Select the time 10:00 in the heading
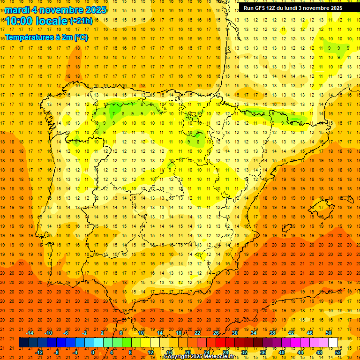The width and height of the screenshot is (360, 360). pyautogui.click(x=20, y=21)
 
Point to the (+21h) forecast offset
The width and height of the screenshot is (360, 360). pyautogui.click(x=81, y=21)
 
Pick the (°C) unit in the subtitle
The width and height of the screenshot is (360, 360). pyautogui.click(x=81, y=37)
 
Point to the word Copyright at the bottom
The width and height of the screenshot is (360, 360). pyautogui.click(x=177, y=357)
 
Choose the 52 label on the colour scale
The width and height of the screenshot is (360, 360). pyautogui.click(x=338, y=352)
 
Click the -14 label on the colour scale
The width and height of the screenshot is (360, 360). pyautogui.click(x=30, y=333)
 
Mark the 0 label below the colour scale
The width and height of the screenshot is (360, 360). pyautogui.click(x=92, y=352)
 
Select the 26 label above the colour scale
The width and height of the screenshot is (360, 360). pyautogui.click(x=216, y=333)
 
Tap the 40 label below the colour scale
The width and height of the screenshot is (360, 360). pyautogui.click(x=282, y=352)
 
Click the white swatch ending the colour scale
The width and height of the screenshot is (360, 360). pyautogui.click(x=333, y=343)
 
